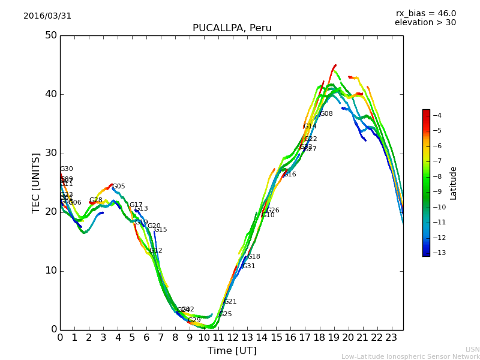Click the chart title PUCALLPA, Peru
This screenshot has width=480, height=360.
point(232,28)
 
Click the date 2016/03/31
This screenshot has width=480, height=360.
point(47,16)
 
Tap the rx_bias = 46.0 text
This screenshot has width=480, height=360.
point(425,14)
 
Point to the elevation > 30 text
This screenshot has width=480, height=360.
point(425,23)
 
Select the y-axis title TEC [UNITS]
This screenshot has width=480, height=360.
point(36,182)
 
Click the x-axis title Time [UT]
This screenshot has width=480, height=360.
point(232,351)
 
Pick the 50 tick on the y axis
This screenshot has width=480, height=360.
point(51,35)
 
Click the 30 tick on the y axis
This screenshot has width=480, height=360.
point(51,153)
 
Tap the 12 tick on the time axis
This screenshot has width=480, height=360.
point(233,338)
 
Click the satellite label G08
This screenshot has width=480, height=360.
point(326,114)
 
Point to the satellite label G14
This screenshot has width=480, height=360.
point(310,127)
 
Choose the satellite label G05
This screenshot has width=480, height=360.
point(119,187)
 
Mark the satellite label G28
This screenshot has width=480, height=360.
point(96,200)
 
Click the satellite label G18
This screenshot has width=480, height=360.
point(254,257)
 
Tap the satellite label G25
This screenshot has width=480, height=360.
point(225,314)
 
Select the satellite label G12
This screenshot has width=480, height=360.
point(156,251)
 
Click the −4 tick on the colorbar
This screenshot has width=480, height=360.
point(437,115)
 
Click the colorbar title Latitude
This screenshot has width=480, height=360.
point(454,183)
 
